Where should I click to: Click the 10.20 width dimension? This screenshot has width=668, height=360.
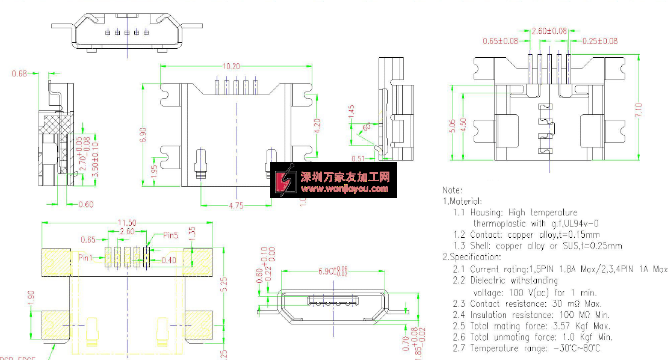232,66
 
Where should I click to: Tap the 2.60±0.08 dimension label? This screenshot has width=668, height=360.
549,31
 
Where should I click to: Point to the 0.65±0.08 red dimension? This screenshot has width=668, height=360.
501,42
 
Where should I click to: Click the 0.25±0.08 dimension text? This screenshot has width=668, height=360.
600,42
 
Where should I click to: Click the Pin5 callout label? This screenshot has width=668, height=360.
171,235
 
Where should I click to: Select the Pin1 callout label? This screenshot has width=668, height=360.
87,257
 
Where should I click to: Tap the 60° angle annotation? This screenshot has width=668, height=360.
366,126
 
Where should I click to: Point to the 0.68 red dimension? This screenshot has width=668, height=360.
19,74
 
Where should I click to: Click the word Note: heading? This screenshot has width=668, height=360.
453,191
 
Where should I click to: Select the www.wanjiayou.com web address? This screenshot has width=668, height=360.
345,189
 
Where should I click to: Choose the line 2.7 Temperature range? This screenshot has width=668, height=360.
527,349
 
